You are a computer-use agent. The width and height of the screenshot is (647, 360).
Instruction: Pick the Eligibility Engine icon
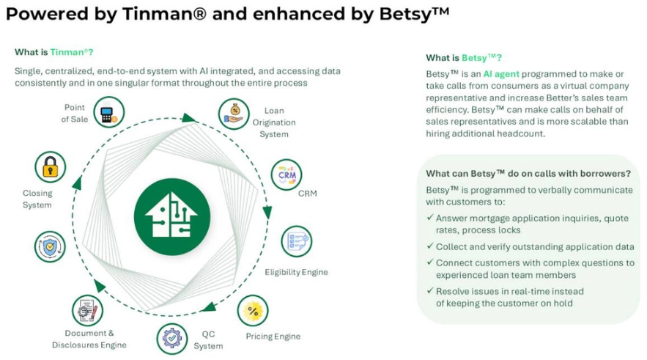(x=296, y=241)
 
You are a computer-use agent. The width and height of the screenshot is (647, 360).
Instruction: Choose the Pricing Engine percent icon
(x=254, y=310)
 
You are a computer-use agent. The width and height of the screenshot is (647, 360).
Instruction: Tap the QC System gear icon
(x=172, y=338)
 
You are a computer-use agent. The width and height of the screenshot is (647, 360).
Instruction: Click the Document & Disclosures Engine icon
(x=87, y=310)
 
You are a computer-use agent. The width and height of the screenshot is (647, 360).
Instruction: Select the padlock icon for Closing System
(x=50, y=167)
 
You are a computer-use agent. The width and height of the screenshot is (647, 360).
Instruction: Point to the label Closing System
(x=37, y=199)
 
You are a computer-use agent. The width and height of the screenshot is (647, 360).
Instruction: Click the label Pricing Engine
(x=273, y=337)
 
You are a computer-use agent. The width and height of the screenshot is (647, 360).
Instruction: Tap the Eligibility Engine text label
(x=296, y=272)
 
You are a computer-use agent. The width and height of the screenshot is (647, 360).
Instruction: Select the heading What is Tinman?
(x=53, y=52)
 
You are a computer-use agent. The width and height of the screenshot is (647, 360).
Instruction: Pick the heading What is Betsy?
(x=464, y=58)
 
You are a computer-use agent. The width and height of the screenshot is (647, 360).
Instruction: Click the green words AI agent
(x=498, y=74)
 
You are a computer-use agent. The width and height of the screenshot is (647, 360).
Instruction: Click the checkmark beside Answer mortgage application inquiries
(x=429, y=218)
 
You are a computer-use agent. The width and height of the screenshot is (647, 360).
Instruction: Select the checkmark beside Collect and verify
(x=429, y=247)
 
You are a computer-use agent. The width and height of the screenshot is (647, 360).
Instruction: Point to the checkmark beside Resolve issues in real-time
(x=429, y=291)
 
